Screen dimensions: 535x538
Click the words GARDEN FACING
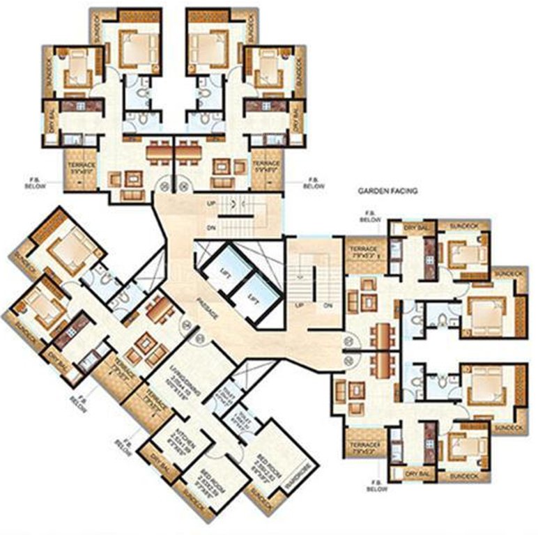[x=387, y=189]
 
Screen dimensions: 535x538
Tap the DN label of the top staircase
[x=210, y=228]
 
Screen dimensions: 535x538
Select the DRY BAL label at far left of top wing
[x=50, y=124]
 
